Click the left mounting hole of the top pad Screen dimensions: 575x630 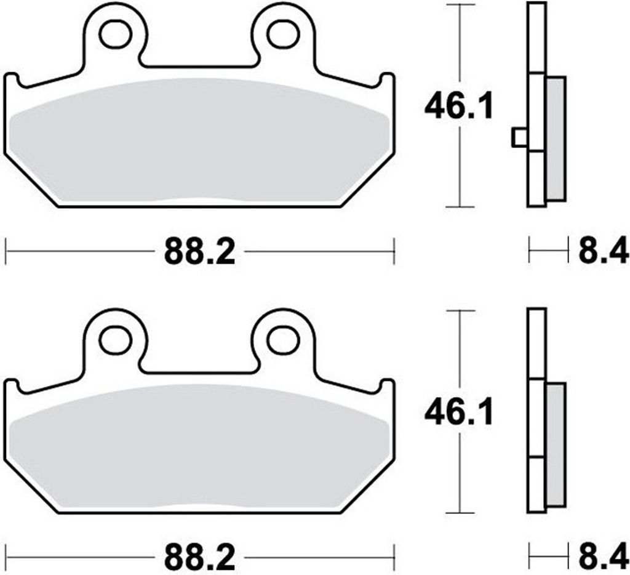tap(116, 34)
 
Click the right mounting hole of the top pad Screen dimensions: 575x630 tap(283, 34)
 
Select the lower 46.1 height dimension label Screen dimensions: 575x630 tap(459, 414)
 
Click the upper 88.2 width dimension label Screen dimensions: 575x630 tap(199, 252)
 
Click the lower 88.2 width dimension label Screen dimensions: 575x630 tap(199, 558)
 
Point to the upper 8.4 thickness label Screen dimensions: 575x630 tap(602, 252)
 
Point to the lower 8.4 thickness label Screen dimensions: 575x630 tap(602, 558)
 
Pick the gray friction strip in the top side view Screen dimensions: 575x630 tap(556, 139)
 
